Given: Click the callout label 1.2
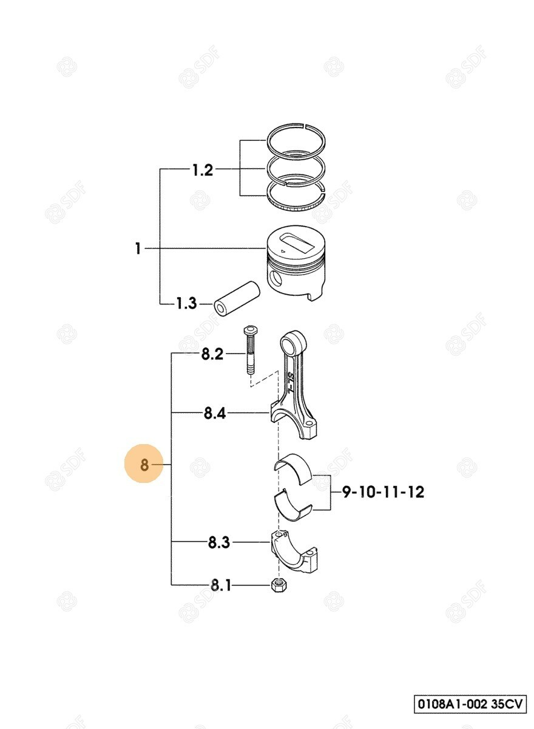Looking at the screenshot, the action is (x=203, y=170).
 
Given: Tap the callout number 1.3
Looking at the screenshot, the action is (x=186, y=303).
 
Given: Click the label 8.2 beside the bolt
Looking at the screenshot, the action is (x=212, y=354).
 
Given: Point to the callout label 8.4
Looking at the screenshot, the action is (x=214, y=413).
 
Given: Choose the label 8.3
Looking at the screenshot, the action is (x=218, y=542).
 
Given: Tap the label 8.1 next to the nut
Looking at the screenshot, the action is (x=221, y=586).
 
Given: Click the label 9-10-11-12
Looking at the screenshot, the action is (x=384, y=491).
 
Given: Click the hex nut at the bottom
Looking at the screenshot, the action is (x=278, y=586).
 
